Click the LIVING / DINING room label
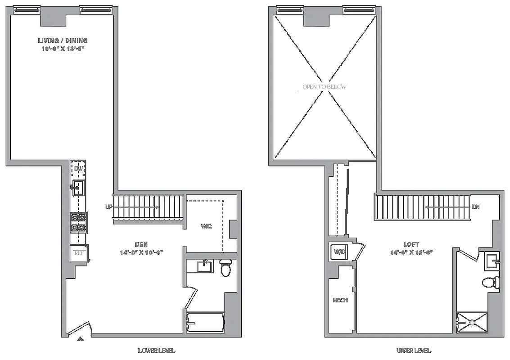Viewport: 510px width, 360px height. [62, 40]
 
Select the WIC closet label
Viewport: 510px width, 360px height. [206, 226]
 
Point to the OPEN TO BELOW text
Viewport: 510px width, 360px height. [325, 87]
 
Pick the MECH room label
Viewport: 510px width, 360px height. [340, 300]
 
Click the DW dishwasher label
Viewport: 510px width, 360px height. [79, 169]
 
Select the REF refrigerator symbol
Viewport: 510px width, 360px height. [79, 253]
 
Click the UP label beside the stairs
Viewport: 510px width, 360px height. [108, 207]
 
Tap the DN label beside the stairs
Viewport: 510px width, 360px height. [476, 207]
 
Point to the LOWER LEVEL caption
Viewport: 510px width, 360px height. [156, 351]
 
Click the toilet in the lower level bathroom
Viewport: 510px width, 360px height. [226, 267]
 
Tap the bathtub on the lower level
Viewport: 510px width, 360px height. [206, 323]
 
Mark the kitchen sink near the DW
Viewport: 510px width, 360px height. [78, 187]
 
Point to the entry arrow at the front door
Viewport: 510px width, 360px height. [81, 338]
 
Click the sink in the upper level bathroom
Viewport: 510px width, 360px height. [492, 261]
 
